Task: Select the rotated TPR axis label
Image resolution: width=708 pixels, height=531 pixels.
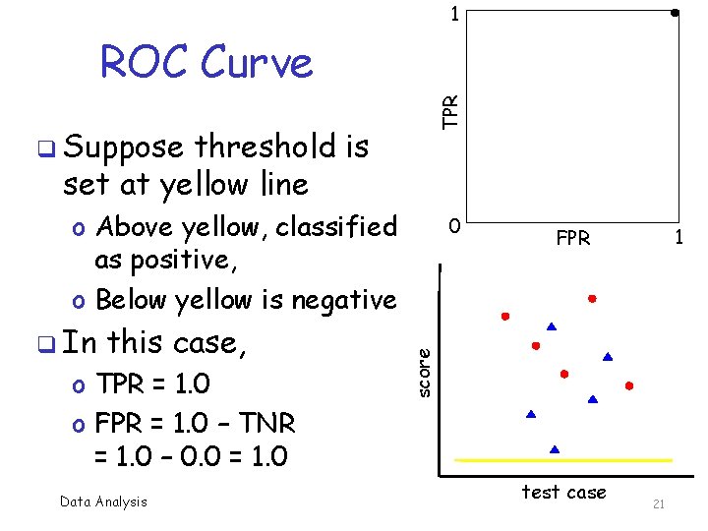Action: pyautogui.click(x=449, y=110)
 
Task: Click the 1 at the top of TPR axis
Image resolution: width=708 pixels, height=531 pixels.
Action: pyautogui.click(x=453, y=14)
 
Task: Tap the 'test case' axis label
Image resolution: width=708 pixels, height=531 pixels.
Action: pyautogui.click(x=563, y=492)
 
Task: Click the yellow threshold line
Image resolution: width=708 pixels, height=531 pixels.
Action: pyautogui.click(x=563, y=459)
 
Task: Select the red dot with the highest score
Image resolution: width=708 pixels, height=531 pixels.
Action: pyautogui.click(x=592, y=297)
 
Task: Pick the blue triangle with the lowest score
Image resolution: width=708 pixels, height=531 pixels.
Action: pyautogui.click(x=555, y=448)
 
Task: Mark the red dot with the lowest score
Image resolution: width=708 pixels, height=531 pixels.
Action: pyautogui.click(x=628, y=385)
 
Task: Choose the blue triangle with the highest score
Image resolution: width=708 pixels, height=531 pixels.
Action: pyautogui.click(x=552, y=325)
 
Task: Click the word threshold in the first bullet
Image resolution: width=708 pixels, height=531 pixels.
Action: pyautogui.click(x=263, y=147)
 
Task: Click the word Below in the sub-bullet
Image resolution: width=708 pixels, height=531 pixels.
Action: pyautogui.click(x=137, y=300)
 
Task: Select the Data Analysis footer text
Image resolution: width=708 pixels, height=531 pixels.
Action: pyautogui.click(x=103, y=501)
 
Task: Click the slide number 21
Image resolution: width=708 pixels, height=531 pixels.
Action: pyautogui.click(x=659, y=504)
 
